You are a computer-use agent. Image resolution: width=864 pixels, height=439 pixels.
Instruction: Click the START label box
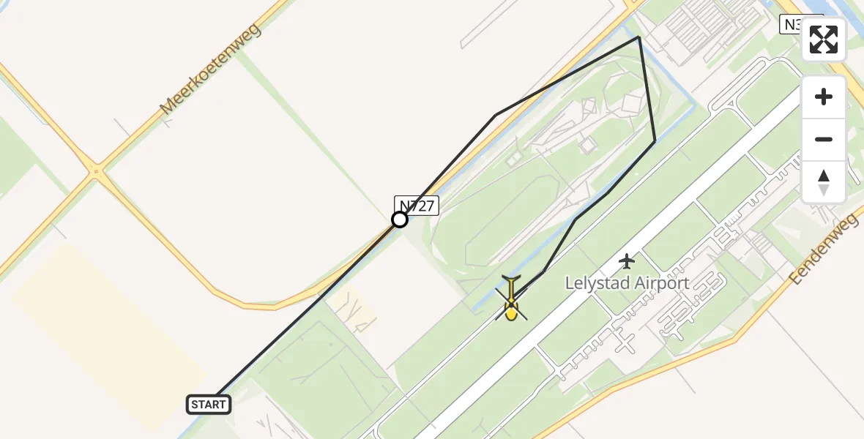[x=209, y=404]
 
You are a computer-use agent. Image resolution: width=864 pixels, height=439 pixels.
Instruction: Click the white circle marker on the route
[x=400, y=219]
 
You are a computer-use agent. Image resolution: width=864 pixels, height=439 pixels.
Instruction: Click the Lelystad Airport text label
[x=627, y=283]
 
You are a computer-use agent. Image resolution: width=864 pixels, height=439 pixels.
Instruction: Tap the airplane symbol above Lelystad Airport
[x=627, y=260]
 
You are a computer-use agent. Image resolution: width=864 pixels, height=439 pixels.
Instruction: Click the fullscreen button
[x=824, y=40]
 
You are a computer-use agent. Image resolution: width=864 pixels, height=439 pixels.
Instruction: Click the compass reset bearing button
[x=824, y=182]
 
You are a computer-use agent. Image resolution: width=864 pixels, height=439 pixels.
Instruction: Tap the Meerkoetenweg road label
[x=211, y=69]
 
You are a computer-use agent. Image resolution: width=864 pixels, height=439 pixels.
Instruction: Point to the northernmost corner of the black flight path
[x=639, y=37]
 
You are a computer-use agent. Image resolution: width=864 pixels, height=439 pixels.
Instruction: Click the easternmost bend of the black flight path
[x=655, y=140]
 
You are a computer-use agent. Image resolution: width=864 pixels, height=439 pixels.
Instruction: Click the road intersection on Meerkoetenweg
[x=96, y=173]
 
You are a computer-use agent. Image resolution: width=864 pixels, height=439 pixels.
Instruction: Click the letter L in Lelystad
[x=570, y=283]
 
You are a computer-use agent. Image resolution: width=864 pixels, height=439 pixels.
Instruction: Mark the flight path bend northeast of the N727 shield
[x=496, y=115]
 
